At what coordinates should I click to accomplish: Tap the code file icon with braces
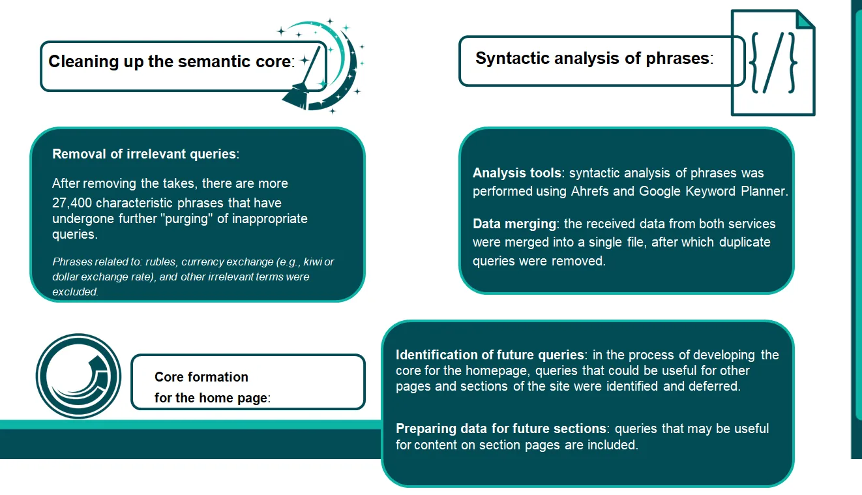point(773,63)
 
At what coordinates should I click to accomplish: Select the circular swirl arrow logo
point(78,376)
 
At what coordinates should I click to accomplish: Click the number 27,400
point(72,203)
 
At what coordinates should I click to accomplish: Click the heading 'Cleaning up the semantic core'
point(170,62)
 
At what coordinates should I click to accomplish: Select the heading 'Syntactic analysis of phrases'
point(592,59)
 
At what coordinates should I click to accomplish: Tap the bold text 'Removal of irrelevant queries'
point(144,154)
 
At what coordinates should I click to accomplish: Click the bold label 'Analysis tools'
point(516,173)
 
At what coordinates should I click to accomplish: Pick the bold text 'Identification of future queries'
point(490,355)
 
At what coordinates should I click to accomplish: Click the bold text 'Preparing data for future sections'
point(501,428)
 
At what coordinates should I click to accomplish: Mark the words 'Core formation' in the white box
point(201,377)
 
